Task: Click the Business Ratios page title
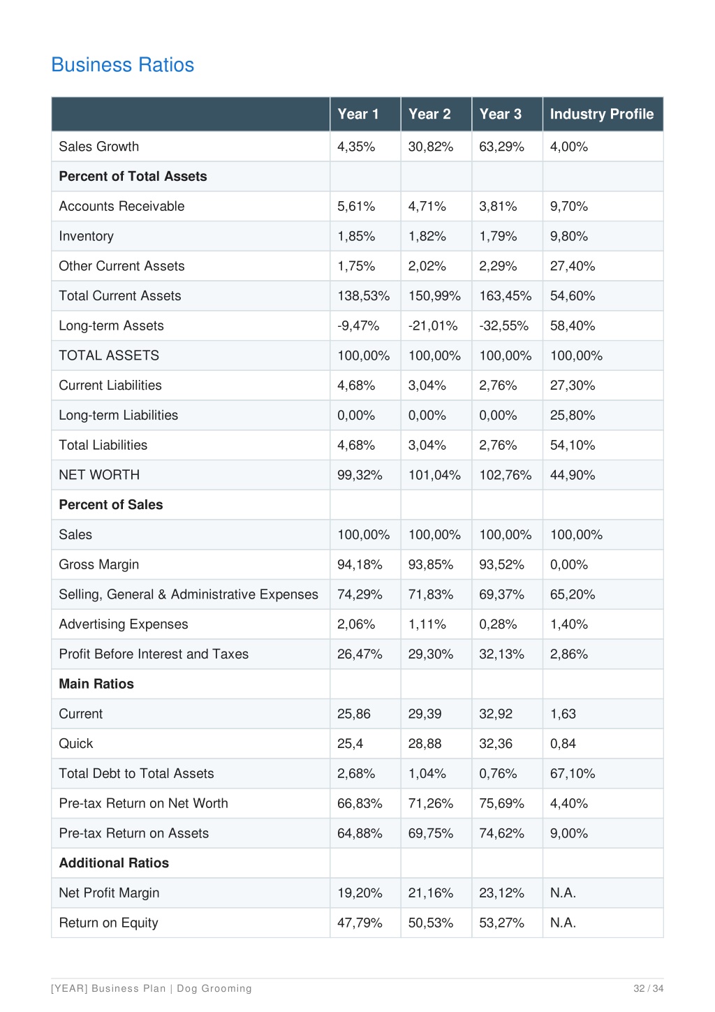[x=122, y=65]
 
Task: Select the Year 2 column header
[x=429, y=114]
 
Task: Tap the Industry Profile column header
[x=602, y=114]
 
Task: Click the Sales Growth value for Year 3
[x=501, y=147]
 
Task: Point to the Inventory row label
[x=86, y=236]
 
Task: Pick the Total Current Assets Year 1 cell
[x=363, y=295]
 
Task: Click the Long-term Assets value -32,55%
[x=503, y=325]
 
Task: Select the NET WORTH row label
[x=99, y=474]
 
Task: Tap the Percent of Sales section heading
[x=110, y=504]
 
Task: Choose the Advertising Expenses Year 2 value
[x=427, y=624]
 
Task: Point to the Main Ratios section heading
[x=96, y=684]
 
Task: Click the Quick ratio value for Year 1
[x=350, y=743]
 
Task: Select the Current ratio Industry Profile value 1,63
[x=563, y=713]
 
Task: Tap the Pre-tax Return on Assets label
[x=133, y=833]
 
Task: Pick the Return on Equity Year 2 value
[x=430, y=923]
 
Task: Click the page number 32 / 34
[x=648, y=988]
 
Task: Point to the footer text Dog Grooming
[x=214, y=988]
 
